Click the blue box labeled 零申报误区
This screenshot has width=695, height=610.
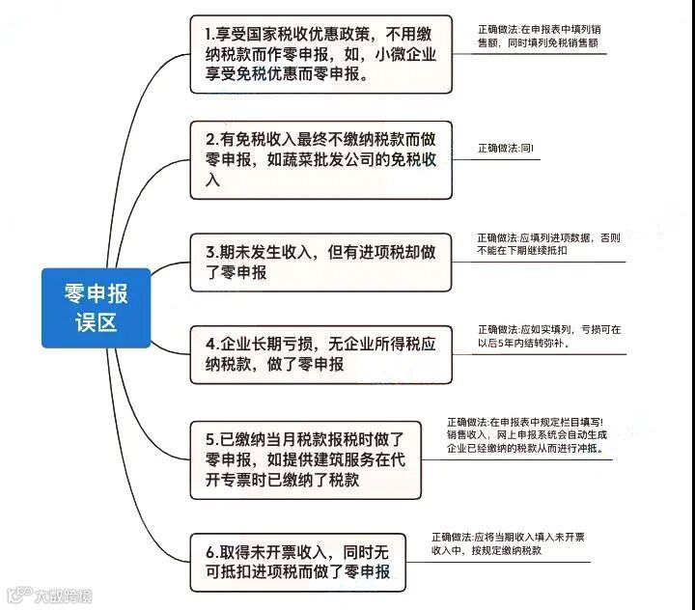click(96, 307)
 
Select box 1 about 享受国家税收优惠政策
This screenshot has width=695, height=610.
click(320, 54)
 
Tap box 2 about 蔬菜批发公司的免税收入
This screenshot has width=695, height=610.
click(320, 159)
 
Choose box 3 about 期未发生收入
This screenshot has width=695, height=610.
click(320, 262)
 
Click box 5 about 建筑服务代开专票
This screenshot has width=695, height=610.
click(306, 459)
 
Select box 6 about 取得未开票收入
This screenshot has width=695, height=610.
click(298, 562)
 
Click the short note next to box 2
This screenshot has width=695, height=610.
click(507, 149)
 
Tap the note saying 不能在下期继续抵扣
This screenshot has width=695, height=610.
click(545, 248)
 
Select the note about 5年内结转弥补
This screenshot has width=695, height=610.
click(548, 335)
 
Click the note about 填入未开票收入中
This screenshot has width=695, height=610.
click(513, 543)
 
